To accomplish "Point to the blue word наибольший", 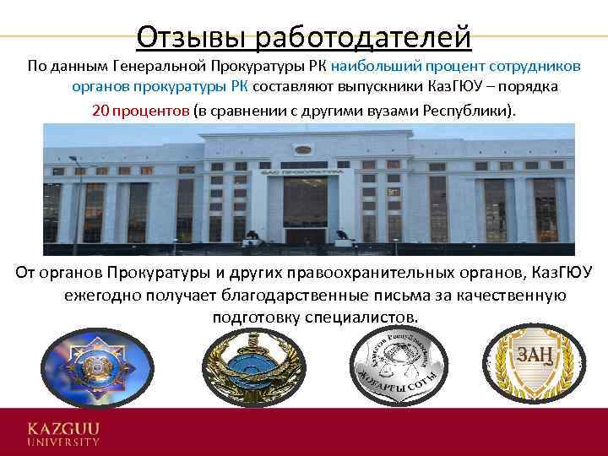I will pos(372,66).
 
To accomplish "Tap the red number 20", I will pos(100,111).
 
